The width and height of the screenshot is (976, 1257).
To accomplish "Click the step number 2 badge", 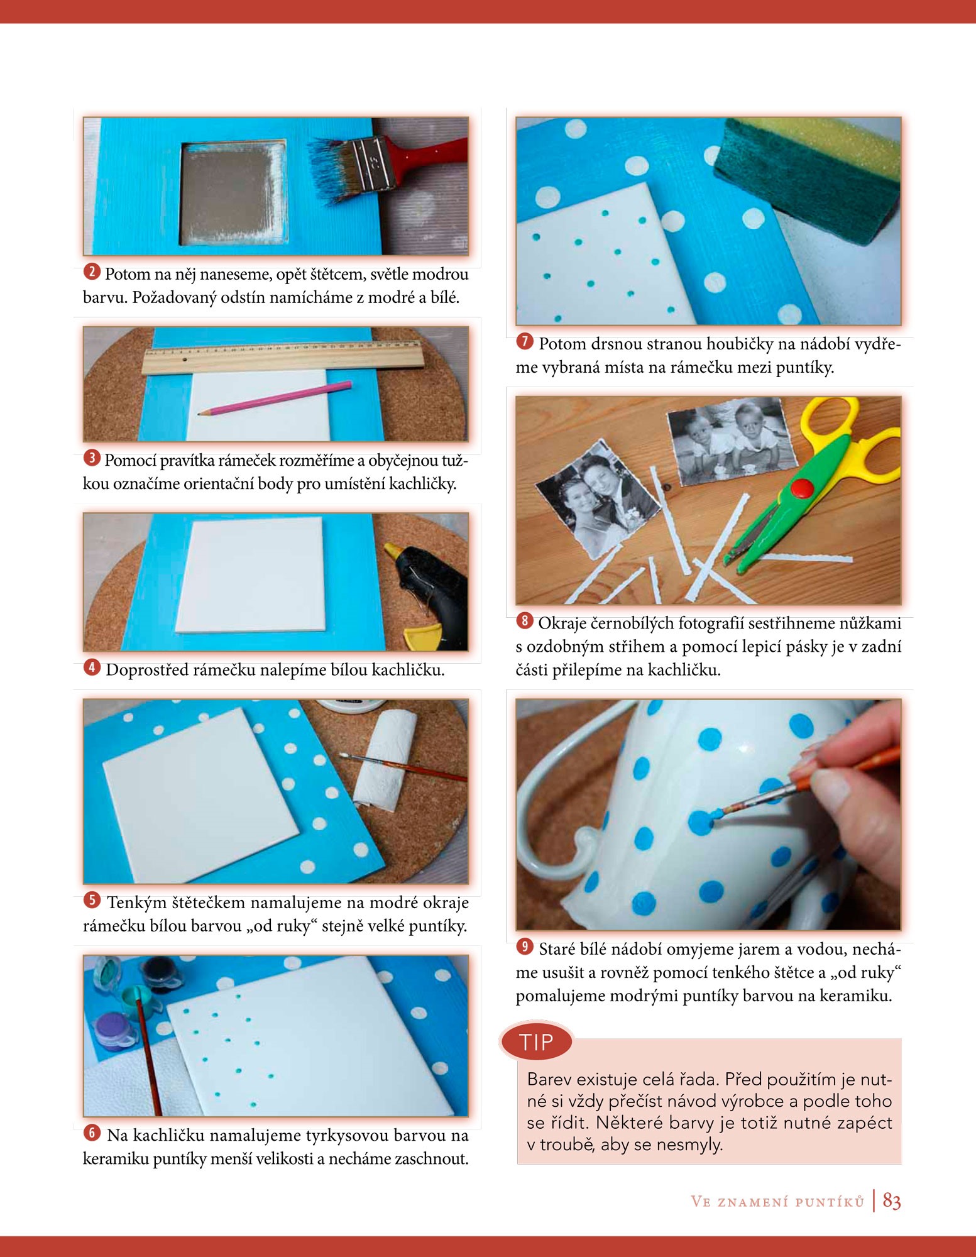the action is [x=92, y=272].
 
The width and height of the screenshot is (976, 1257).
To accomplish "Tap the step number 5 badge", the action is [x=92, y=900].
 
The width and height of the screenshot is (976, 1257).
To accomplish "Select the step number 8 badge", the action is [x=525, y=621].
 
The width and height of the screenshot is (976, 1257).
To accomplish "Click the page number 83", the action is [x=892, y=1201].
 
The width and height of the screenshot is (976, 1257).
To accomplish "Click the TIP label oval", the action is [x=536, y=1042].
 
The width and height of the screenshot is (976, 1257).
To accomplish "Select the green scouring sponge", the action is [x=808, y=179].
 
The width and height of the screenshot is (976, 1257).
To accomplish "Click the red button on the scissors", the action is [x=802, y=487].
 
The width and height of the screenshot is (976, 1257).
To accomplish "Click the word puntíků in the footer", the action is [x=830, y=1202].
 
